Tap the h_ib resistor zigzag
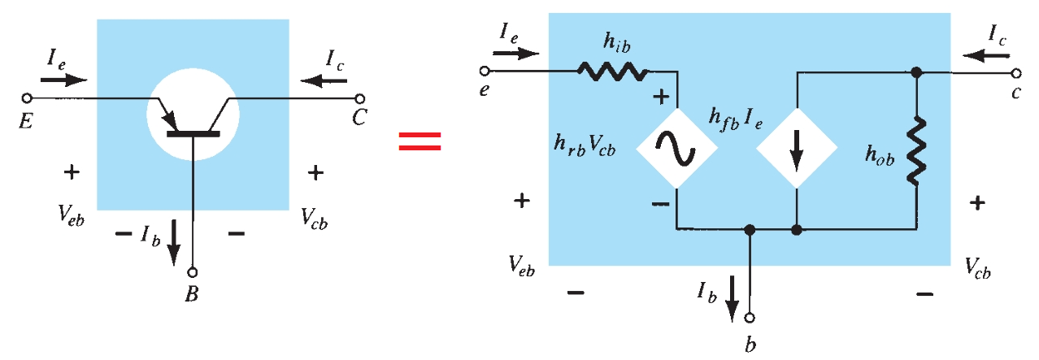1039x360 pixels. pos(612,72)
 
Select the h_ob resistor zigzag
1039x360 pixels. pos(916,150)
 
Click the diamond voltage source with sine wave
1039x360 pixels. pos(676,150)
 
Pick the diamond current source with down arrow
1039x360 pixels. pos(797,150)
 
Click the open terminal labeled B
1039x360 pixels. pos(193,274)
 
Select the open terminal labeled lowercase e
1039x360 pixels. pos(485,72)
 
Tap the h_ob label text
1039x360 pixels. pos(880,158)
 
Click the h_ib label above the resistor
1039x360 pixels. pos(612,43)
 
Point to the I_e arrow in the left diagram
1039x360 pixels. pos(63,80)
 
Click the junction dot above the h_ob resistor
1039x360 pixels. pos(916,72)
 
